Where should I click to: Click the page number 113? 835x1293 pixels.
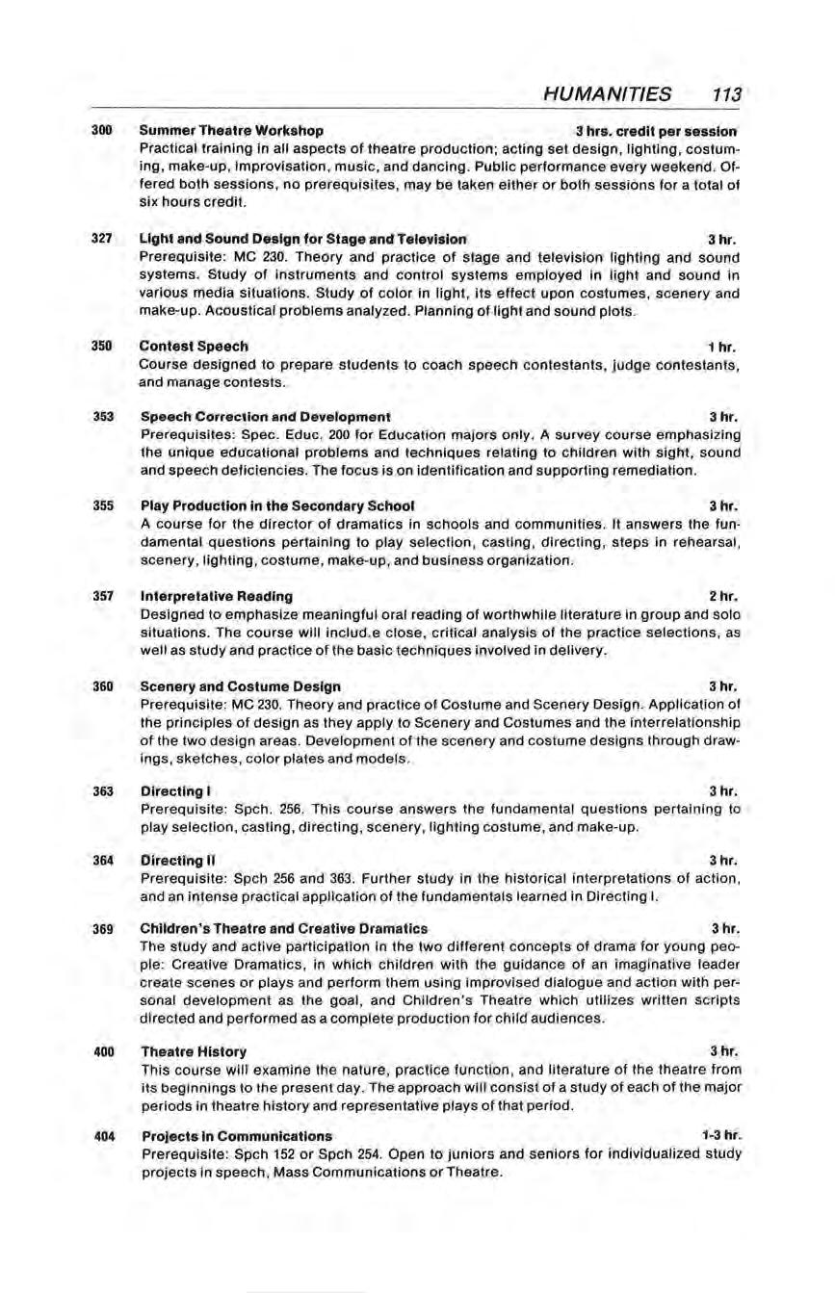(x=722, y=94)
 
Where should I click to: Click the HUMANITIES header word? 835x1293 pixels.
(x=608, y=94)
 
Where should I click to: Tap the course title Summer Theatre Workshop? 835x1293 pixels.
(x=231, y=130)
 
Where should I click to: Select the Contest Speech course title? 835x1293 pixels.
(x=195, y=346)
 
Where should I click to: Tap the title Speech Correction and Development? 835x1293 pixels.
(x=266, y=417)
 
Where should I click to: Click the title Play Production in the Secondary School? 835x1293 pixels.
(x=278, y=505)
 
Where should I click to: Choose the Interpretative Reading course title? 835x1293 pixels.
(x=217, y=596)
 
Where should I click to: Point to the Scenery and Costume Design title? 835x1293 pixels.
(x=241, y=686)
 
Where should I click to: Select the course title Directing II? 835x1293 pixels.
(x=176, y=860)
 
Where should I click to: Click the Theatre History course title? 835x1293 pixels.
(x=194, y=1051)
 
